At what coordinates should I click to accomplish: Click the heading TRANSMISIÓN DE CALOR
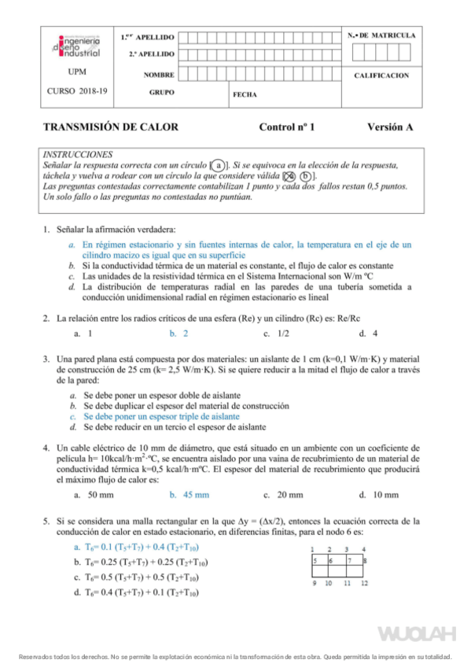click(x=110, y=127)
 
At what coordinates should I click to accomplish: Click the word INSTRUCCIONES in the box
click(x=78, y=155)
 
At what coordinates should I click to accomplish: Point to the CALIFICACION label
click(x=381, y=76)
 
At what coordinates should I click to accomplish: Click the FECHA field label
click(x=245, y=94)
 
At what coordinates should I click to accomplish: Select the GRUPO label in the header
click(x=160, y=92)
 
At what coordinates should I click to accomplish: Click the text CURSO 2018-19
click(x=77, y=91)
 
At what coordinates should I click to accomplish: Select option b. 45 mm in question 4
click(x=190, y=495)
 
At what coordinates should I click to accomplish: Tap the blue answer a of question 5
click(x=137, y=547)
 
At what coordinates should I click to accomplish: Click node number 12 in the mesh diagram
click(x=365, y=583)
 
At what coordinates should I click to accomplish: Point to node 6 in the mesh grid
click(x=330, y=561)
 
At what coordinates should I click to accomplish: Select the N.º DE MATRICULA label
click(x=381, y=36)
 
